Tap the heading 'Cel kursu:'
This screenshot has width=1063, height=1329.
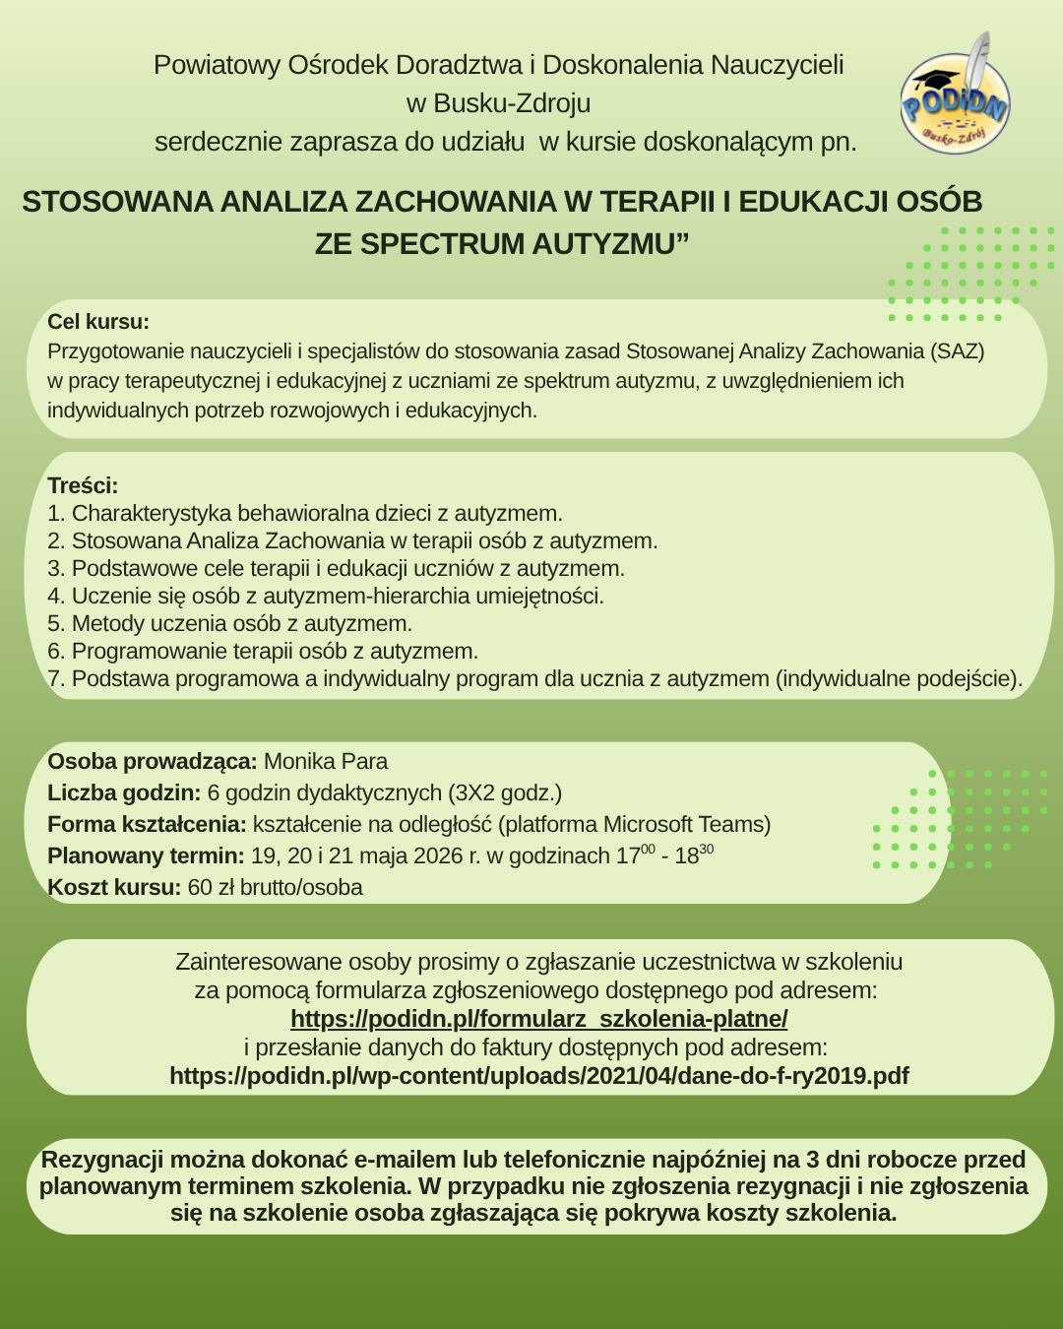coord(98,322)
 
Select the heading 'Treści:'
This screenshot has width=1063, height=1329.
coord(83,485)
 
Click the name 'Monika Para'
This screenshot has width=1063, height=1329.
coord(326,761)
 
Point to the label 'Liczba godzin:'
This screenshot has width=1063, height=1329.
coord(124,792)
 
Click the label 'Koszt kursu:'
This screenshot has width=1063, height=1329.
coord(114,887)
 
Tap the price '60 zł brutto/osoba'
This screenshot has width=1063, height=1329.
coord(275,887)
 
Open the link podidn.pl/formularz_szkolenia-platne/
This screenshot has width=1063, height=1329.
coord(538,1018)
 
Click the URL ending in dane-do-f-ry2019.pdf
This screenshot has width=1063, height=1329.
coord(538,1075)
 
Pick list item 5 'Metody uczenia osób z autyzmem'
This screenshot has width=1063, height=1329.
coord(230,623)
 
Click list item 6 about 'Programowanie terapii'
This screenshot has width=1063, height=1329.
coord(263,651)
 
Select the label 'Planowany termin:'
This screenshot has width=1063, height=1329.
coord(146,855)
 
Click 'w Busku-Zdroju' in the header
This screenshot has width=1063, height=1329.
coord(498,103)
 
